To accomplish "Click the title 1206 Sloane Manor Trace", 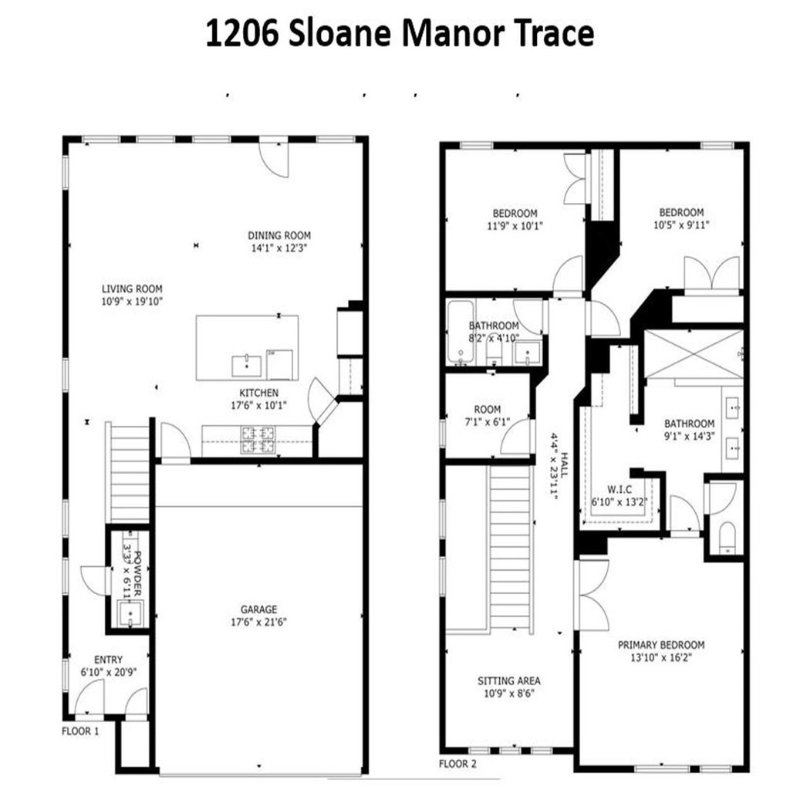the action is pyautogui.click(x=400, y=34).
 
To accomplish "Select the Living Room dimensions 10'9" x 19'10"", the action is pyautogui.click(x=132, y=302).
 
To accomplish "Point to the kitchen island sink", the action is pyautogui.click(x=247, y=366).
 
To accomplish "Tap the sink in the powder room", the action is pyautogui.click(x=130, y=613).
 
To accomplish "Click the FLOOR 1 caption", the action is pyautogui.click(x=80, y=731).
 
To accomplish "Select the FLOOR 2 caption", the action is pyautogui.click(x=457, y=764).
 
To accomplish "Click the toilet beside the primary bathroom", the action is pyautogui.click(x=727, y=538).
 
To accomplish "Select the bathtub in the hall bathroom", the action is pyautogui.click(x=460, y=332).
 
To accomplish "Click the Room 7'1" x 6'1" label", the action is pyautogui.click(x=488, y=416).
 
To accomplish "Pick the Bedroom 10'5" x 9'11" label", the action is pyautogui.click(x=681, y=218).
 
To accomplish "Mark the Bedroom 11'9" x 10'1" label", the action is pyautogui.click(x=515, y=220).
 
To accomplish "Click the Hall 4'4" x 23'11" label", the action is pyautogui.click(x=559, y=465).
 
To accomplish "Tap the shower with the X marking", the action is pyautogui.click(x=694, y=353).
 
